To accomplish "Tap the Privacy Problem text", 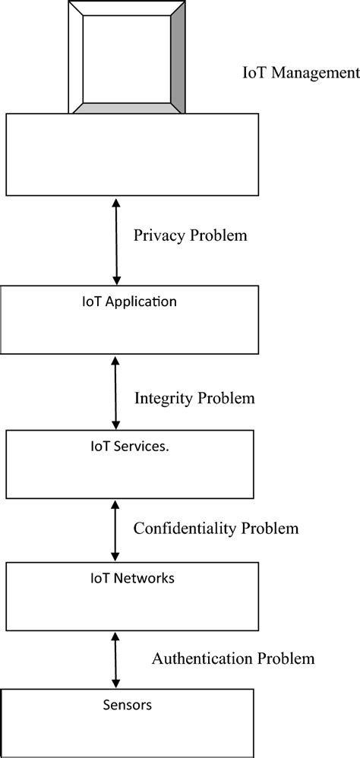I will [190, 235].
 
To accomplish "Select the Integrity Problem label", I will [194, 398].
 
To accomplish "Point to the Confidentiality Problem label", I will [216, 528].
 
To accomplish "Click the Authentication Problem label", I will [232, 658].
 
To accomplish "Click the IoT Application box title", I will [129, 302].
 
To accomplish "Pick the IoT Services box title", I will [125, 447].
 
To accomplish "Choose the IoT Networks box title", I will [128, 578].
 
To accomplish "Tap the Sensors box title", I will [127, 705].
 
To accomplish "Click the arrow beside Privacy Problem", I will [115, 240].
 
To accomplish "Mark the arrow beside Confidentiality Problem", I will [115, 530].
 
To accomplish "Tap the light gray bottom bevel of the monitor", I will [127, 108].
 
